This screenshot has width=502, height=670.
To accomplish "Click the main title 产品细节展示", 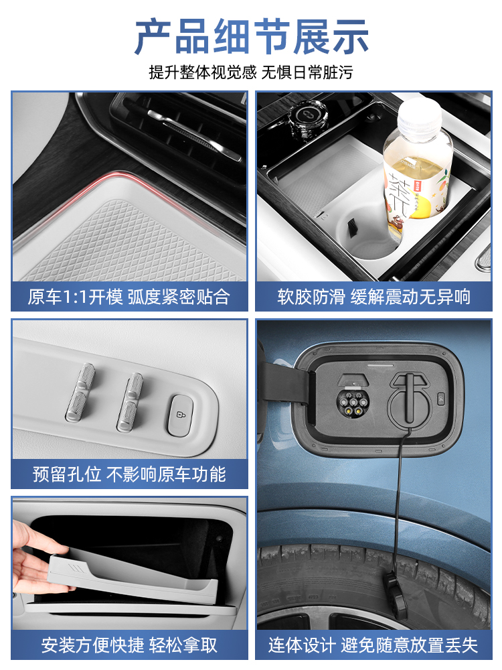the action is coord(252,36).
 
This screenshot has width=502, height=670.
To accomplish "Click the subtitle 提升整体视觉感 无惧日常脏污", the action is coord(251,72).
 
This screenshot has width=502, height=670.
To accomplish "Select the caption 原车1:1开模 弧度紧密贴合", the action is coord(129,297).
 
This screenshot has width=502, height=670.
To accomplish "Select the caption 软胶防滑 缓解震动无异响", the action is coord(374,297).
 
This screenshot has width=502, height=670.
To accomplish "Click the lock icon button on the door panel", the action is coord(181,415).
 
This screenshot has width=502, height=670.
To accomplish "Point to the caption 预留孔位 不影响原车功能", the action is coord(129,474).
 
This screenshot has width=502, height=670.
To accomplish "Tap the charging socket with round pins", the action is coord(352,401).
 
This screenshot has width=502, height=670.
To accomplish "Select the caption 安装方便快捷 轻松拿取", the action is coord(129,645).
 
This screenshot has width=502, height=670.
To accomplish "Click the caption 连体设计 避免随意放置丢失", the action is coord(373,645).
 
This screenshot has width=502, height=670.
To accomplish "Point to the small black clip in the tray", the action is coord(352,227).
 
